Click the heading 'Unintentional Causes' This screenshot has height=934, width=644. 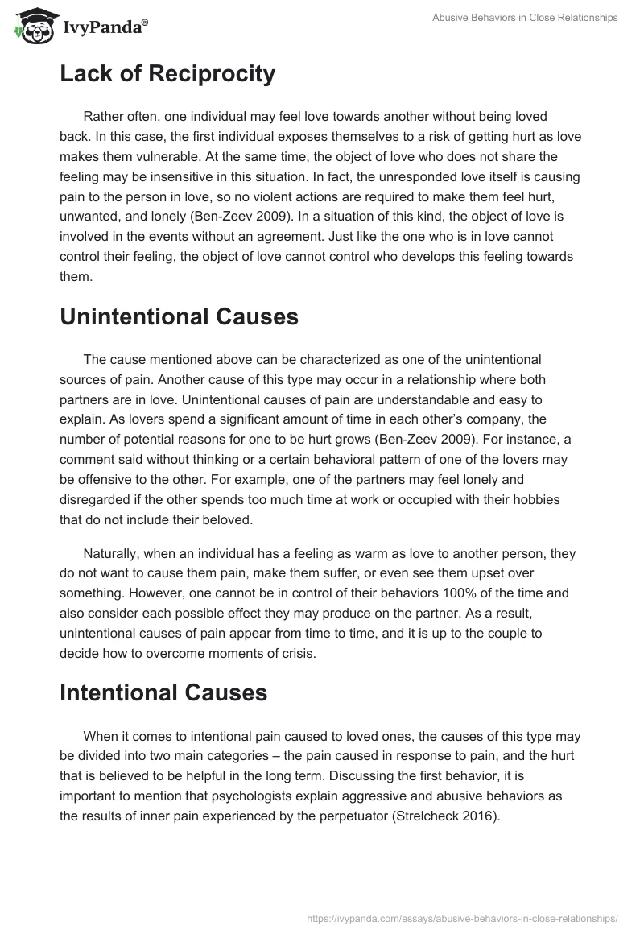click(179, 316)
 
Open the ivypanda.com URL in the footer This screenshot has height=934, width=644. click(463, 918)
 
